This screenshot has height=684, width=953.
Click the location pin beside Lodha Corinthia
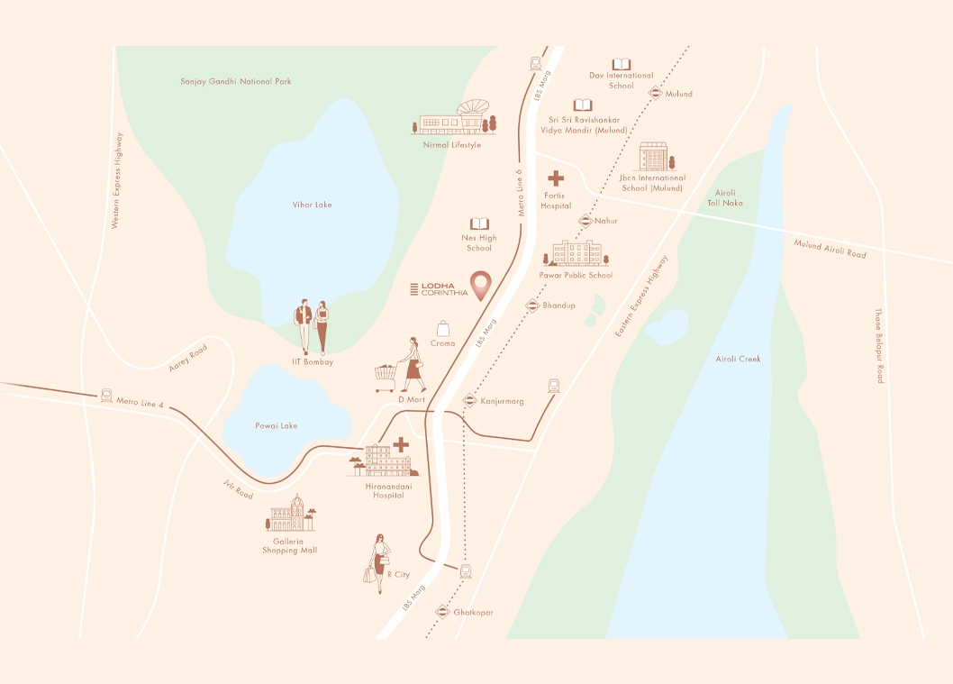pos(483,285)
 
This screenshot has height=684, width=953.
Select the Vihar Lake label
pos(312,205)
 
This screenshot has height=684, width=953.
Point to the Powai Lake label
pos(276,425)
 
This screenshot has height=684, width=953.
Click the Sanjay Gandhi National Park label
pos(236,82)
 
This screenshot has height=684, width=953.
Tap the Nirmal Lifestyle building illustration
pos(458,119)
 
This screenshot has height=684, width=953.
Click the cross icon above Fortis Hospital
pos(556,178)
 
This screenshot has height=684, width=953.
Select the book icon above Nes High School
pos(479,223)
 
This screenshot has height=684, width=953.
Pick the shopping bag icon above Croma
pos(442,328)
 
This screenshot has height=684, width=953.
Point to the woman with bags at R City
pos(377,559)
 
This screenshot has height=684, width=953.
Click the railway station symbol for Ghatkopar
pos(442,612)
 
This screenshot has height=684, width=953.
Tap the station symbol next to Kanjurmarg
pos(469,400)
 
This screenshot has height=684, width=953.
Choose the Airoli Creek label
pos(738,359)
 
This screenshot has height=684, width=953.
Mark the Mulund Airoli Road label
pos(830,249)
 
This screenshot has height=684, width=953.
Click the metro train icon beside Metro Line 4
pos(106,395)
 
